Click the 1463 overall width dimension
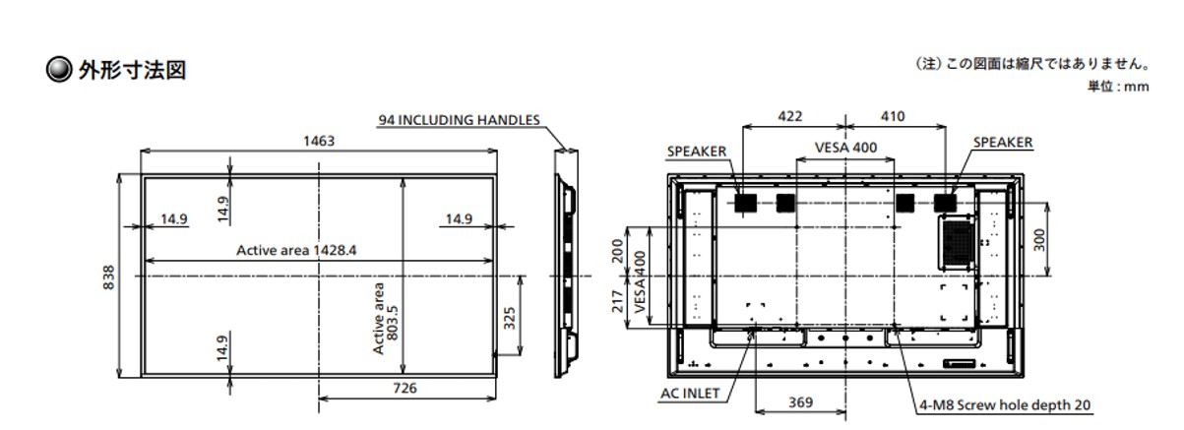pyautogui.click(x=319, y=141)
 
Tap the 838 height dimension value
pyautogui.click(x=108, y=277)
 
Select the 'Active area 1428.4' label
pyautogui.click(x=296, y=250)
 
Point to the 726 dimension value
pyautogui.click(x=405, y=389)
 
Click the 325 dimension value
pyautogui.click(x=509, y=318)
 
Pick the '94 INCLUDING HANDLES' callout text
pyautogui.click(x=460, y=120)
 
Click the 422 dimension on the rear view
pyautogui.click(x=789, y=116)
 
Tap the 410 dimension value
pyautogui.click(x=893, y=116)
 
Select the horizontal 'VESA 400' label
pyautogui.click(x=845, y=148)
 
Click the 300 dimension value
pyautogui.click(x=1039, y=240)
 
